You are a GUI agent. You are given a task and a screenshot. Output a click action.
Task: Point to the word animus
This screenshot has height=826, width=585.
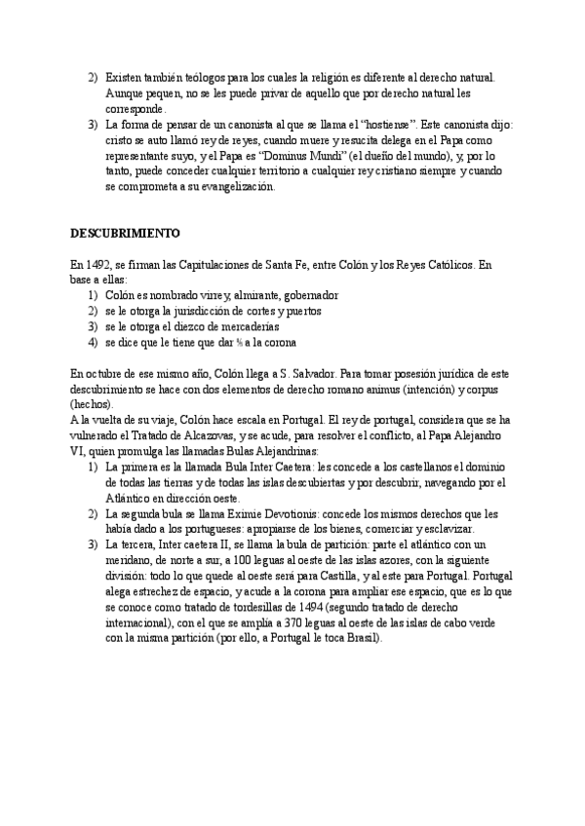click(370, 389)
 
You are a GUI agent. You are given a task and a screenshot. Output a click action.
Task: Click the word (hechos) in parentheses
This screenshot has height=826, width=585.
click(92, 404)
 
